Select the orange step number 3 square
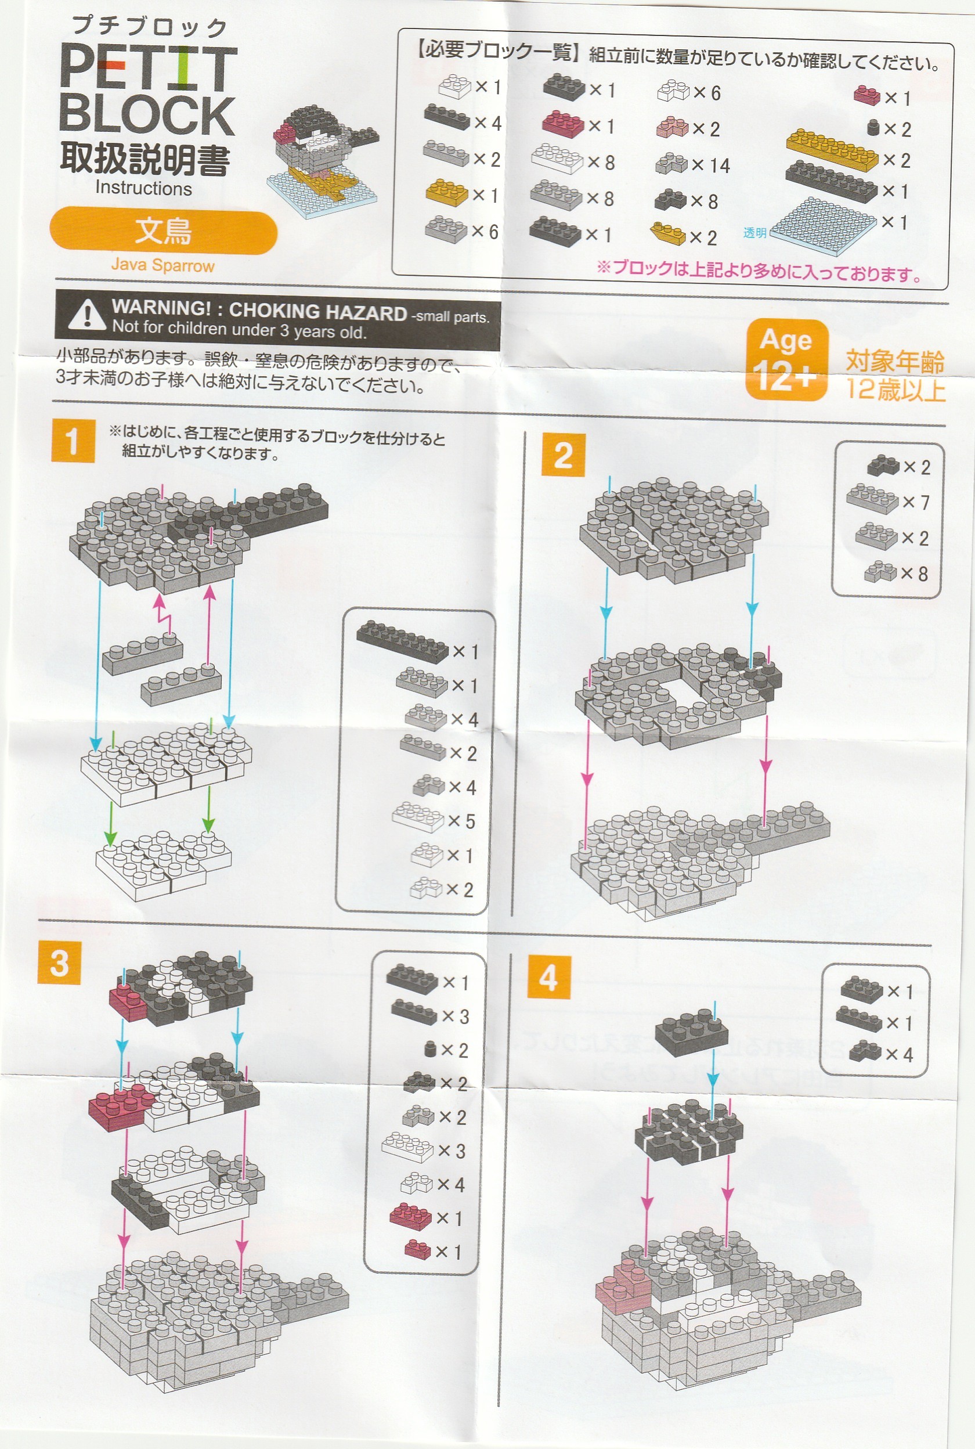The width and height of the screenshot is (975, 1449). (x=59, y=962)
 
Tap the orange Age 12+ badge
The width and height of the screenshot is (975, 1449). (x=786, y=359)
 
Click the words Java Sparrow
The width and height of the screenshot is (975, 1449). (x=163, y=265)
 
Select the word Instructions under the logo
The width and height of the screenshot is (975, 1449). (x=144, y=188)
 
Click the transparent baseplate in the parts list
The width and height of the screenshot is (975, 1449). (x=823, y=226)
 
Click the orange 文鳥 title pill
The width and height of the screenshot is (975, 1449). (x=163, y=232)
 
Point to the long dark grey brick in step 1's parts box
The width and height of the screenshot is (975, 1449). (x=402, y=640)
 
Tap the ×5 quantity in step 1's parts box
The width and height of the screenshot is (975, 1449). (x=462, y=821)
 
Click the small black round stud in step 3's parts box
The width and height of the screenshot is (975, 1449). (x=429, y=1050)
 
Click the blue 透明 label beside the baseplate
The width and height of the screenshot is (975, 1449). (x=755, y=233)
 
